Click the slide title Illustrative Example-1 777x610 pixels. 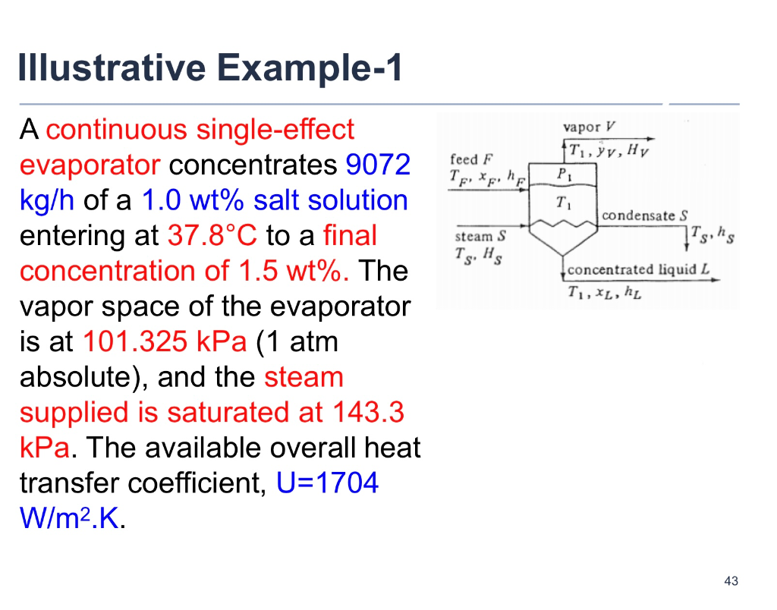(210, 68)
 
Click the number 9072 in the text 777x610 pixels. (378, 165)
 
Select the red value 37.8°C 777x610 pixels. (212, 235)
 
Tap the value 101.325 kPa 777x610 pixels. (164, 341)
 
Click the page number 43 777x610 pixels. (731, 581)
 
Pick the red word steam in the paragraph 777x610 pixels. (304, 377)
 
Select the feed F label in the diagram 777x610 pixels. (470, 159)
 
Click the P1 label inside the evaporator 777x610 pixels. (562, 174)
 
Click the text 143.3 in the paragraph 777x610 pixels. (368, 412)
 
